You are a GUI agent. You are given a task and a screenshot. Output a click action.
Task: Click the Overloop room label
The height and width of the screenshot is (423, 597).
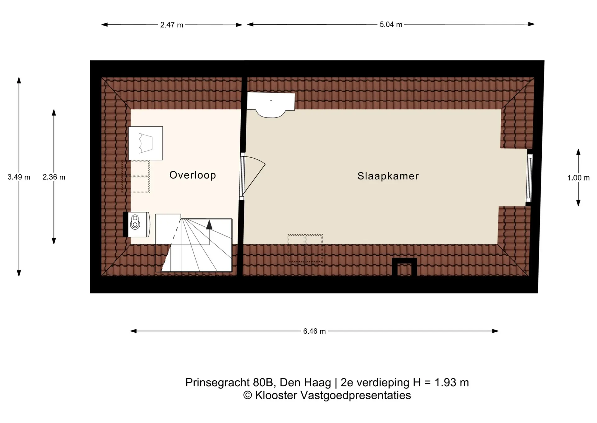point(192,175)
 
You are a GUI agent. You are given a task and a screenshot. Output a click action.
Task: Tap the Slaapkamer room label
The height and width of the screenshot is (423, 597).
point(388,176)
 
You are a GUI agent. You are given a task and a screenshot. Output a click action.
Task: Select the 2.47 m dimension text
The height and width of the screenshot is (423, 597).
point(172,25)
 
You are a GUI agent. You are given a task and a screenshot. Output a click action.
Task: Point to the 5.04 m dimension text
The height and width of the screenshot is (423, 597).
point(391,25)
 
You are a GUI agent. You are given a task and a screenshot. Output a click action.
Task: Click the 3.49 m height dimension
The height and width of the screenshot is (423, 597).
point(19,177)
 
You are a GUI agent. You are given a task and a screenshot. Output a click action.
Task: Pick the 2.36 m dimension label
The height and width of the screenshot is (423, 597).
point(54,177)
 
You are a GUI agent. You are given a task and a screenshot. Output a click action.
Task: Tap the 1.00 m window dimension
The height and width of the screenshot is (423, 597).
point(578,178)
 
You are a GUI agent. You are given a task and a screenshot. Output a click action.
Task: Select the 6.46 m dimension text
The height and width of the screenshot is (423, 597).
point(314,331)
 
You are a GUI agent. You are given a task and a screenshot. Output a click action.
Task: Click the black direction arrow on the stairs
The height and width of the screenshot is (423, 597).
point(209,225)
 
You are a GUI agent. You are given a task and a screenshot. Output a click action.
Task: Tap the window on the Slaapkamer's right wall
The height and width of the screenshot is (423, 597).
point(529,178)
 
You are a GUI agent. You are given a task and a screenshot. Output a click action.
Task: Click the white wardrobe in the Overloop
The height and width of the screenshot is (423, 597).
point(146,143)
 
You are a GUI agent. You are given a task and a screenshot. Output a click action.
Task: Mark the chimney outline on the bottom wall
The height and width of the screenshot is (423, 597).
point(404,267)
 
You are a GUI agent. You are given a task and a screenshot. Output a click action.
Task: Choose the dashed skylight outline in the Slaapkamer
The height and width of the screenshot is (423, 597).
point(305,249)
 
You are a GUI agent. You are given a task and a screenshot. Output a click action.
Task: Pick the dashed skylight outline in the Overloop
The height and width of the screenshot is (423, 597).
point(136,177)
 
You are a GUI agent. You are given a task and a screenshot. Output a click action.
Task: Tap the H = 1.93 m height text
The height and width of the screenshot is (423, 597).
point(441,383)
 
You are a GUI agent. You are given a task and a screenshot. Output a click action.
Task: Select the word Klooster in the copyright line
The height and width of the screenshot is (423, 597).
point(276,395)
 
